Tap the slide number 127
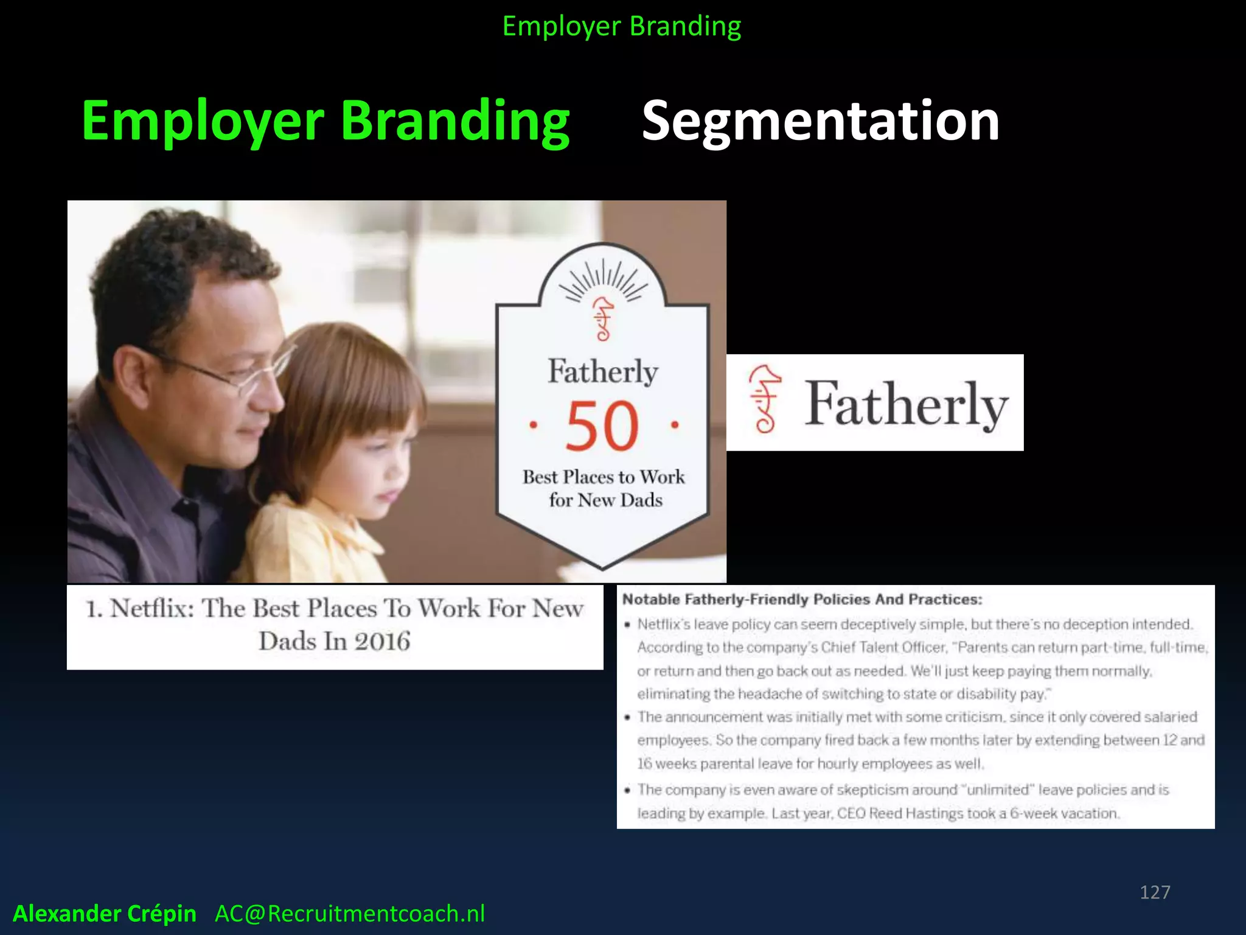coord(1155,892)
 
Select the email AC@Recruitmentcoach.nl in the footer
coord(350,913)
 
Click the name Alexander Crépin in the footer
coord(105,913)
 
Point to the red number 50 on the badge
coord(602,426)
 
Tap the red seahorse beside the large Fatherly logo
coord(765,399)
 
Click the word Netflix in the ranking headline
coord(151,608)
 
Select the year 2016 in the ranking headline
coord(382,641)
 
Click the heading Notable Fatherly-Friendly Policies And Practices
coord(802,600)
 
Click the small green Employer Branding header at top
coord(622,26)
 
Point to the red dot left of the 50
coord(533,424)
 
